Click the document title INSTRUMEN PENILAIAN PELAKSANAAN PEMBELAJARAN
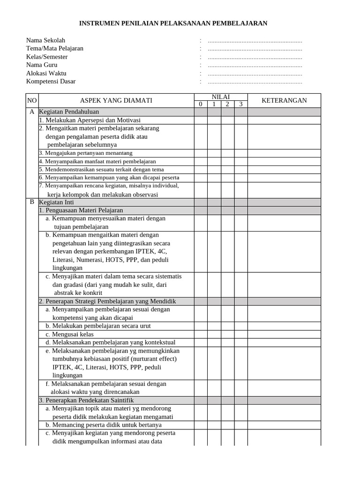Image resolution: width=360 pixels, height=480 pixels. (x=173, y=23)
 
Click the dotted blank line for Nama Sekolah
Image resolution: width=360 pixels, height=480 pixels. (x=255, y=40)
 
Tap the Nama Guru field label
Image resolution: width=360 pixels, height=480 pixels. (x=42, y=65)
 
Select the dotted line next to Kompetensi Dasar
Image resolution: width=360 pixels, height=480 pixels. (x=255, y=82)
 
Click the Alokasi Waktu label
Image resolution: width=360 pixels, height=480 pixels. (x=46, y=73)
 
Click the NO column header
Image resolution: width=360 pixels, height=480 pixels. (x=31, y=100)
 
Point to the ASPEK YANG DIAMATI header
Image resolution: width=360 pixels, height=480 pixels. (x=116, y=100)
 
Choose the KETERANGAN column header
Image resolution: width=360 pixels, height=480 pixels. (x=284, y=100)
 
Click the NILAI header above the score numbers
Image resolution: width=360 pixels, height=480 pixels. (x=221, y=97)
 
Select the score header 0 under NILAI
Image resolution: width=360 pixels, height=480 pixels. (x=201, y=104)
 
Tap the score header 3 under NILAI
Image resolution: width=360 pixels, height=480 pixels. (x=241, y=104)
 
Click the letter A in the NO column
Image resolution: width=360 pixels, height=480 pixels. (x=32, y=112)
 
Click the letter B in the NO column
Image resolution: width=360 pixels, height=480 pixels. (x=32, y=202)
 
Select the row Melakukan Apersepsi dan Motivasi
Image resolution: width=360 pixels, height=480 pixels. (x=90, y=120)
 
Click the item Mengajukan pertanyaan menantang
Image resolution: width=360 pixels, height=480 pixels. (x=86, y=153)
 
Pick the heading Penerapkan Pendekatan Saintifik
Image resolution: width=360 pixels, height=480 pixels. (x=86, y=400)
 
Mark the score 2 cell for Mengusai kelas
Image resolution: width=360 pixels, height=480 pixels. (x=227, y=334)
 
